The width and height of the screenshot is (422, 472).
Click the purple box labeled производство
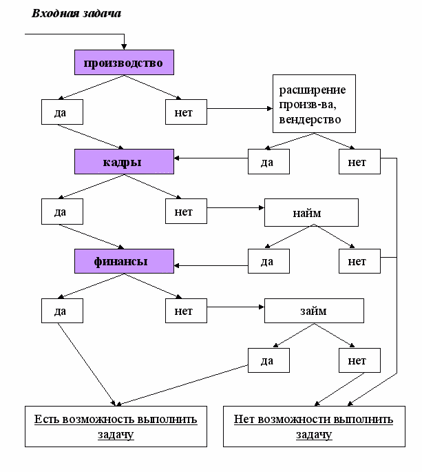tap(124, 62)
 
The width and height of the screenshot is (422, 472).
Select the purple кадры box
tap(124, 162)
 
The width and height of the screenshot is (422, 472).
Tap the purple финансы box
tap(124, 261)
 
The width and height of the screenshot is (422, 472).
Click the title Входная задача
tap(76, 14)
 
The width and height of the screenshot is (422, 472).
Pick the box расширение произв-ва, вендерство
tap(314, 104)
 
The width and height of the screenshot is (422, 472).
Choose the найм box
tap(311, 212)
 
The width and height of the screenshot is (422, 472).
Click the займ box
tap(314, 311)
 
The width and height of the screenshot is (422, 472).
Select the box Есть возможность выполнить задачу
tap(116, 427)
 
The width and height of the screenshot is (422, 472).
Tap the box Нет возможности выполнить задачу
tap(314, 427)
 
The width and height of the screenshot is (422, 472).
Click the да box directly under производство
tap(62, 112)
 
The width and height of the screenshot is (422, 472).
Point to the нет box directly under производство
tap(186, 112)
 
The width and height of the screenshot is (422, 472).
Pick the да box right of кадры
tap(268, 162)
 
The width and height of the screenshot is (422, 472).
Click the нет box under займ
tap(359, 360)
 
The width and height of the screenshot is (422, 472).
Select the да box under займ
tap(268, 360)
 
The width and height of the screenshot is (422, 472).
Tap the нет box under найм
tap(359, 261)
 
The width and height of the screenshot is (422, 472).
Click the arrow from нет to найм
tap(236, 207)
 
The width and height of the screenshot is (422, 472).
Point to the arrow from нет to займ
tap(236, 307)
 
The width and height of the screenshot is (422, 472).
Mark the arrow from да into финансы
tap(211, 265)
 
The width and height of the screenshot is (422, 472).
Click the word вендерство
tap(310, 119)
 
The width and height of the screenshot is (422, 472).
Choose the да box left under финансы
tap(62, 311)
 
